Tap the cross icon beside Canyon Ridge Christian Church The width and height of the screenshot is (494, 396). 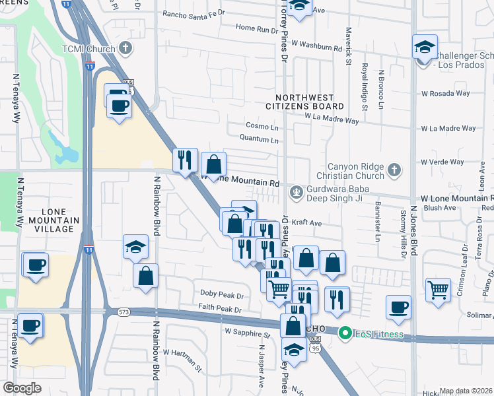tap(394, 170)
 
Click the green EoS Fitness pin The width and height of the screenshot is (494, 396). tap(343, 334)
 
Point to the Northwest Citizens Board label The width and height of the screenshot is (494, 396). tap(304, 101)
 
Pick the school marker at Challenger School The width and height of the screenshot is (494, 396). tap(425, 47)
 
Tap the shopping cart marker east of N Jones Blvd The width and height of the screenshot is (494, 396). tap(438, 290)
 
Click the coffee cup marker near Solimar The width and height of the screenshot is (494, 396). tap(398, 308)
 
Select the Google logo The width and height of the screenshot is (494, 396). tap(22, 388)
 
